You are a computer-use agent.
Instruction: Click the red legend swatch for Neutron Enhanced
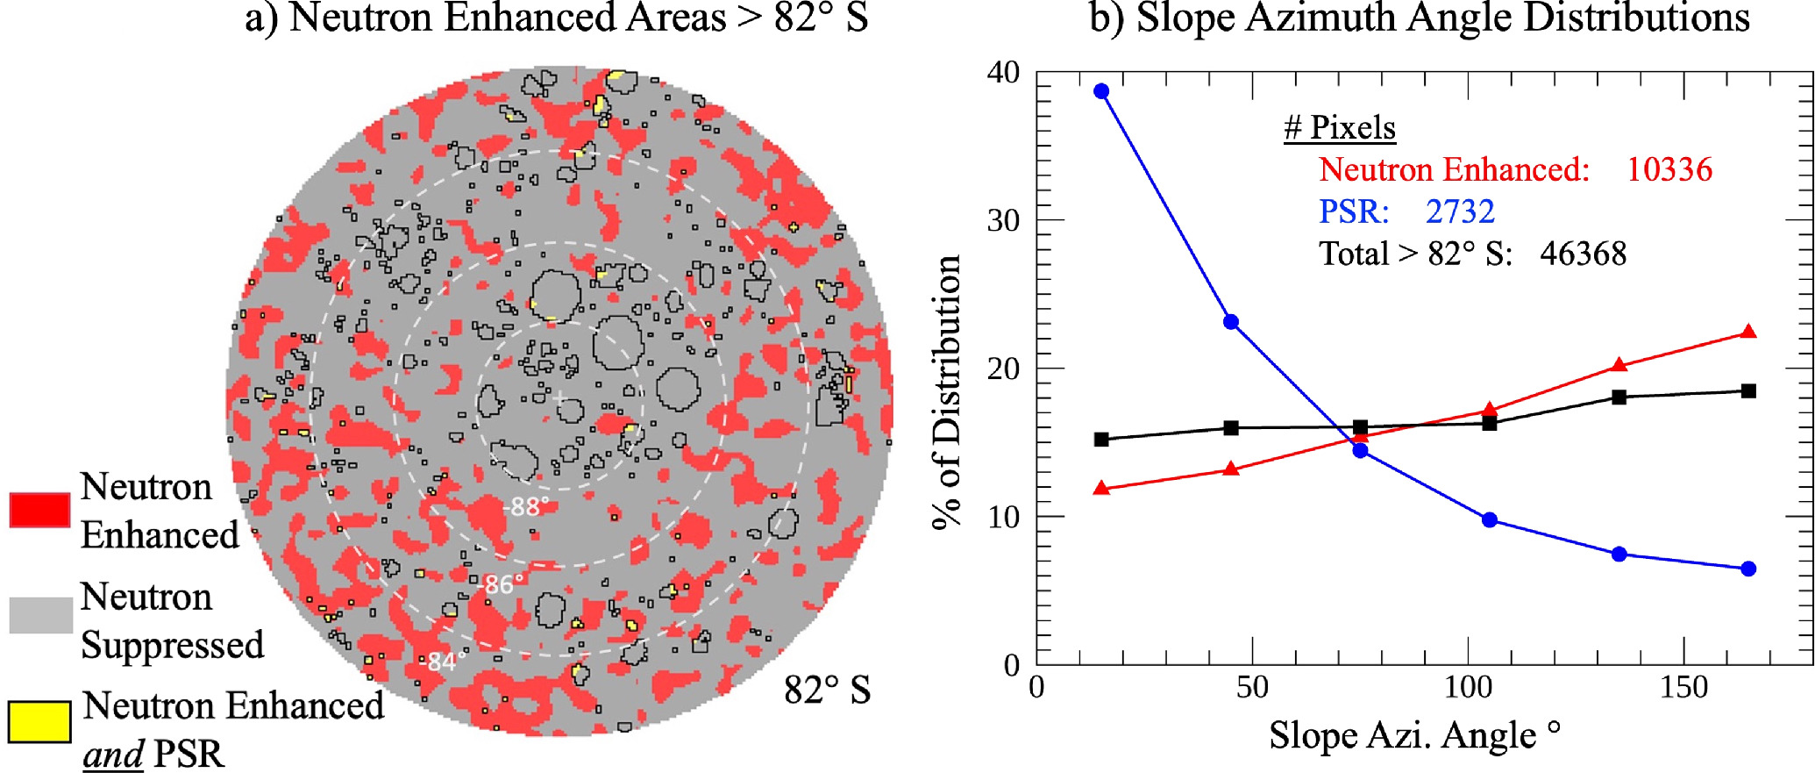[39, 510]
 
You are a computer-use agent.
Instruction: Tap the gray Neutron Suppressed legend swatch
[40, 615]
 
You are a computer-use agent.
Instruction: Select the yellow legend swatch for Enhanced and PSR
[39, 722]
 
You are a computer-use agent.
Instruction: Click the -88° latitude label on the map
[526, 506]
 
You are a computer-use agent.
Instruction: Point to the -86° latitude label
[501, 584]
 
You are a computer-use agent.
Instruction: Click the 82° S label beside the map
[827, 691]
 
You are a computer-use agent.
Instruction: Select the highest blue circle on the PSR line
[1101, 91]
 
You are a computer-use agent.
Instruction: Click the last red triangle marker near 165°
[1748, 332]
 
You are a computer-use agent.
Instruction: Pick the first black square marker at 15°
[1101, 440]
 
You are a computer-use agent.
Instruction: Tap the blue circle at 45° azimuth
[1231, 322]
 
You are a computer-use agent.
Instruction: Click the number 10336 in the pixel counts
[1669, 169]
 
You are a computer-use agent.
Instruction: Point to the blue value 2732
[1460, 211]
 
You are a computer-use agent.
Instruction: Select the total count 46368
[1583, 254]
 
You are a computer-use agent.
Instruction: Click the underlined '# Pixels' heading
[1339, 128]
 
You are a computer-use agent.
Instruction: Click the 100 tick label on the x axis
[1468, 687]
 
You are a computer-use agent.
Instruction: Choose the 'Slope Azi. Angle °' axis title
[1414, 735]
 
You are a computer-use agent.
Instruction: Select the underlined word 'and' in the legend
[113, 755]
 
